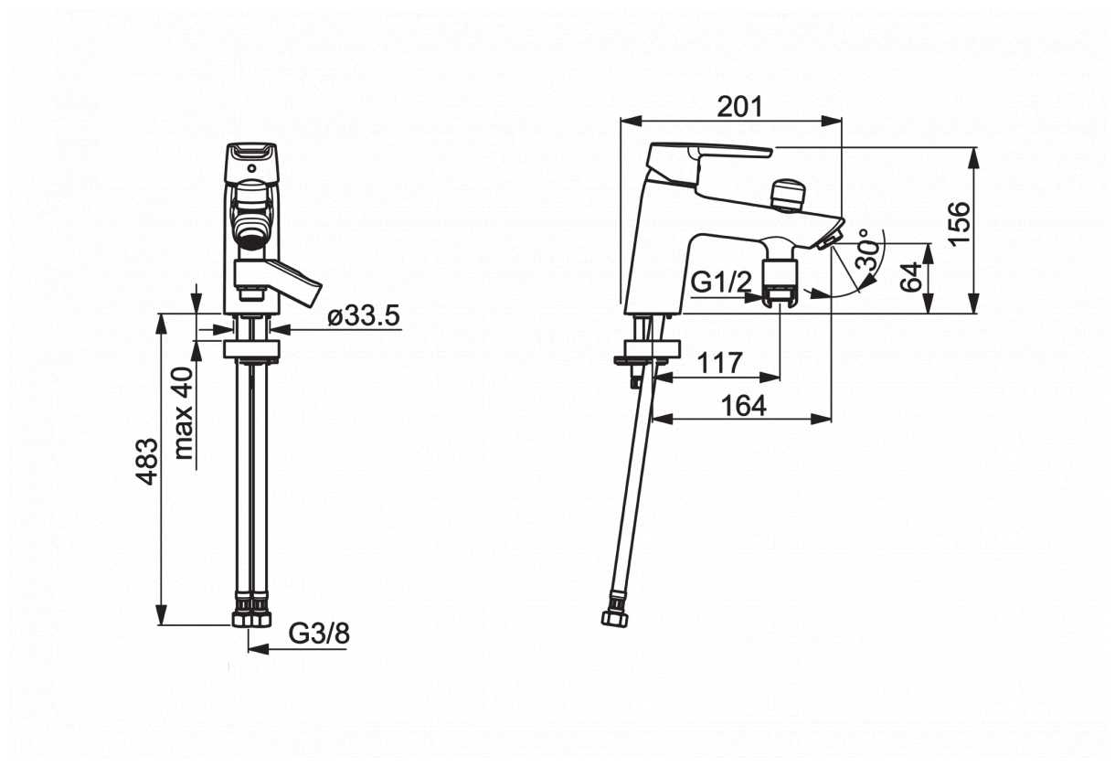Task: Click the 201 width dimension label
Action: pyautogui.click(x=739, y=107)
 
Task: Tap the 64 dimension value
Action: pyautogui.click(x=912, y=277)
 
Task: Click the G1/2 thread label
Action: pyautogui.click(x=721, y=282)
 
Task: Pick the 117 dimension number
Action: pyautogui.click(x=720, y=363)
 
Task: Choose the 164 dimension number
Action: pyautogui.click(x=744, y=406)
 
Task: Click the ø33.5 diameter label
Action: pyautogui.click(x=364, y=315)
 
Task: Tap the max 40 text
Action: pyautogui.click(x=185, y=413)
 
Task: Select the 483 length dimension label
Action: pyautogui.click(x=148, y=462)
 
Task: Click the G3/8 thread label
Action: pyautogui.click(x=319, y=634)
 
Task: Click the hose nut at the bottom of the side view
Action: pyautogui.click(x=615, y=619)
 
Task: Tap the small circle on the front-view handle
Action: pyautogui.click(x=252, y=168)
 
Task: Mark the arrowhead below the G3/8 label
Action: pyautogui.click(x=258, y=649)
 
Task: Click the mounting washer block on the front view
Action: pyautogui.click(x=252, y=349)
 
